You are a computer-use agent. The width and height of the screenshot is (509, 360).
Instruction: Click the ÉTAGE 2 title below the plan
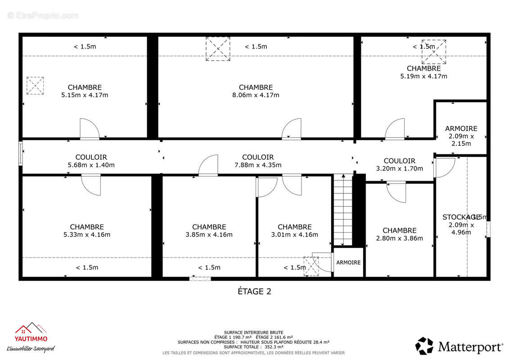(x=254, y=291)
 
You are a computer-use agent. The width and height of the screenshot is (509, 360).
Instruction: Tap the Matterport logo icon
(x=424, y=346)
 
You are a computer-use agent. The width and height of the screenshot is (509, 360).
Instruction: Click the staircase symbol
(x=342, y=210)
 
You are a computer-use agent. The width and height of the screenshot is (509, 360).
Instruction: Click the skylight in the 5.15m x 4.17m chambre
(x=35, y=85)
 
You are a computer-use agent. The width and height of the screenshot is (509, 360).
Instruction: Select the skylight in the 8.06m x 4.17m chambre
(x=218, y=49)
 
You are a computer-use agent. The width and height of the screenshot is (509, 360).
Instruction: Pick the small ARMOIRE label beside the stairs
(x=348, y=262)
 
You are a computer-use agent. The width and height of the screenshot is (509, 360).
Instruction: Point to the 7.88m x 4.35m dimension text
(x=258, y=165)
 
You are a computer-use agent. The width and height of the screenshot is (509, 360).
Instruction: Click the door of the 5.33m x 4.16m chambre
(x=91, y=185)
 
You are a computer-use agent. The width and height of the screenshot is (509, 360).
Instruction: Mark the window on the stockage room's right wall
(x=488, y=229)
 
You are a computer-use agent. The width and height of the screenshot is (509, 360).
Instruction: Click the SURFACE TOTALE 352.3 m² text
(x=254, y=347)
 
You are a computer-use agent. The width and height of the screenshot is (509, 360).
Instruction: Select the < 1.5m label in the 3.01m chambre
(x=295, y=267)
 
